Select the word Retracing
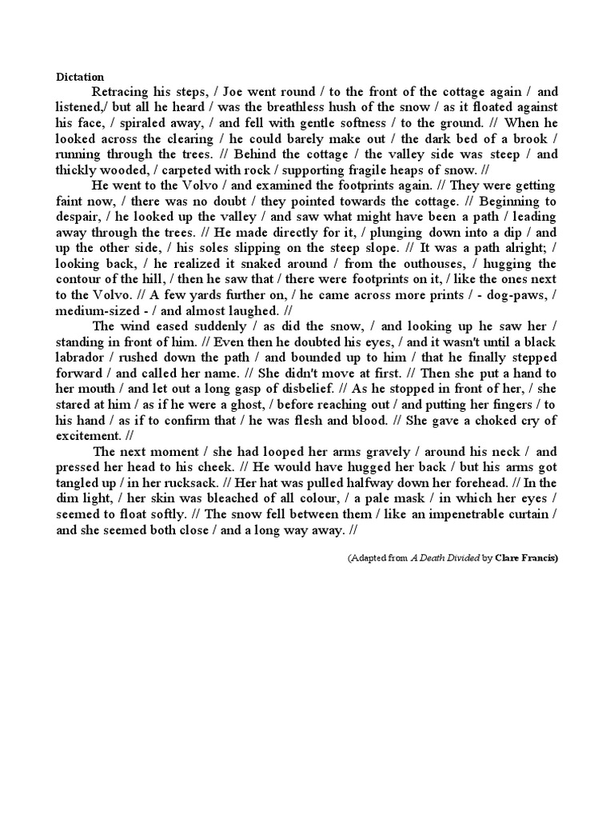122,92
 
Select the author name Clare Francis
525,557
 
